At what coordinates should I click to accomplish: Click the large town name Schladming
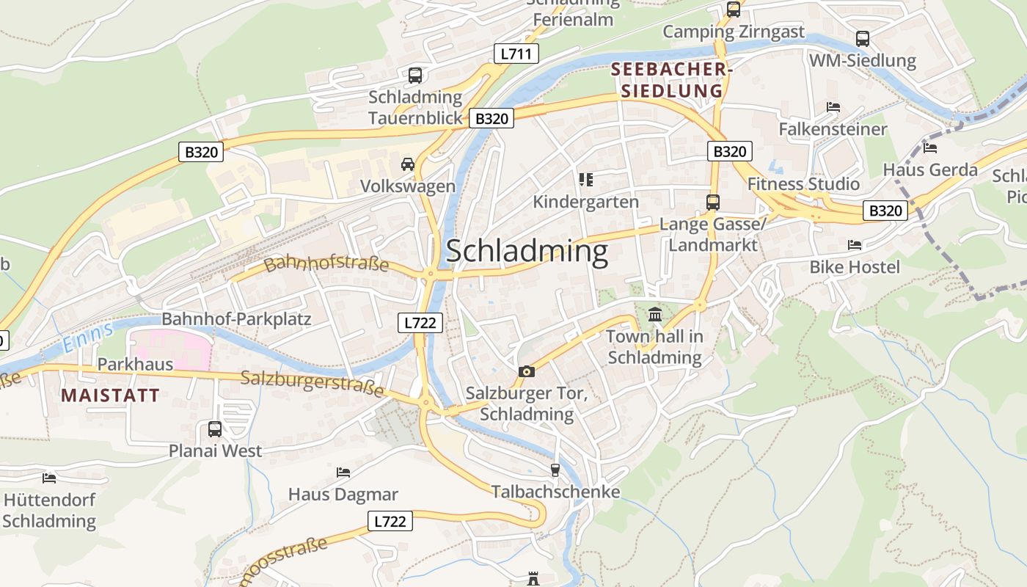click(x=527, y=252)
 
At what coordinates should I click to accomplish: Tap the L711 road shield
click(x=516, y=54)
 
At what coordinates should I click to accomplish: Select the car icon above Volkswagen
click(x=408, y=164)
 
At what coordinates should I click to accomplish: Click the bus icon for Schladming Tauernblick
click(x=415, y=75)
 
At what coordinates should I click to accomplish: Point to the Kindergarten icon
click(x=585, y=179)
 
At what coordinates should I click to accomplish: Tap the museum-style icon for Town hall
click(x=655, y=315)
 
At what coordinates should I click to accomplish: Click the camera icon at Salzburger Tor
click(x=526, y=372)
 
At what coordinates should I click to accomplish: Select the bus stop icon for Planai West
click(x=215, y=429)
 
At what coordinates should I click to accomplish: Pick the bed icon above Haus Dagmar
click(x=343, y=472)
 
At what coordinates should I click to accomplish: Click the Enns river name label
click(x=88, y=335)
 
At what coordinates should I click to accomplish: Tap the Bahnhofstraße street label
click(x=326, y=263)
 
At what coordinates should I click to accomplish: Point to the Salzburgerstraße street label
click(x=313, y=384)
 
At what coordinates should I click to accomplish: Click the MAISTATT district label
click(x=110, y=395)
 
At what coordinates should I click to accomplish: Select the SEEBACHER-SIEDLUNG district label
click(x=671, y=80)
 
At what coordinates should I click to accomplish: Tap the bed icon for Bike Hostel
click(x=855, y=244)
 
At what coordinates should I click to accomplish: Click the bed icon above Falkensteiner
click(x=833, y=107)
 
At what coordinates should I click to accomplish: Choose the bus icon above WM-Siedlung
click(x=863, y=38)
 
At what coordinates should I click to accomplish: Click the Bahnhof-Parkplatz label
click(x=236, y=319)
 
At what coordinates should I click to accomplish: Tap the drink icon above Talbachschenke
click(x=555, y=470)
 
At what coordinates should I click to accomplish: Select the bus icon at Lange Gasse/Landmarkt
click(x=712, y=202)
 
